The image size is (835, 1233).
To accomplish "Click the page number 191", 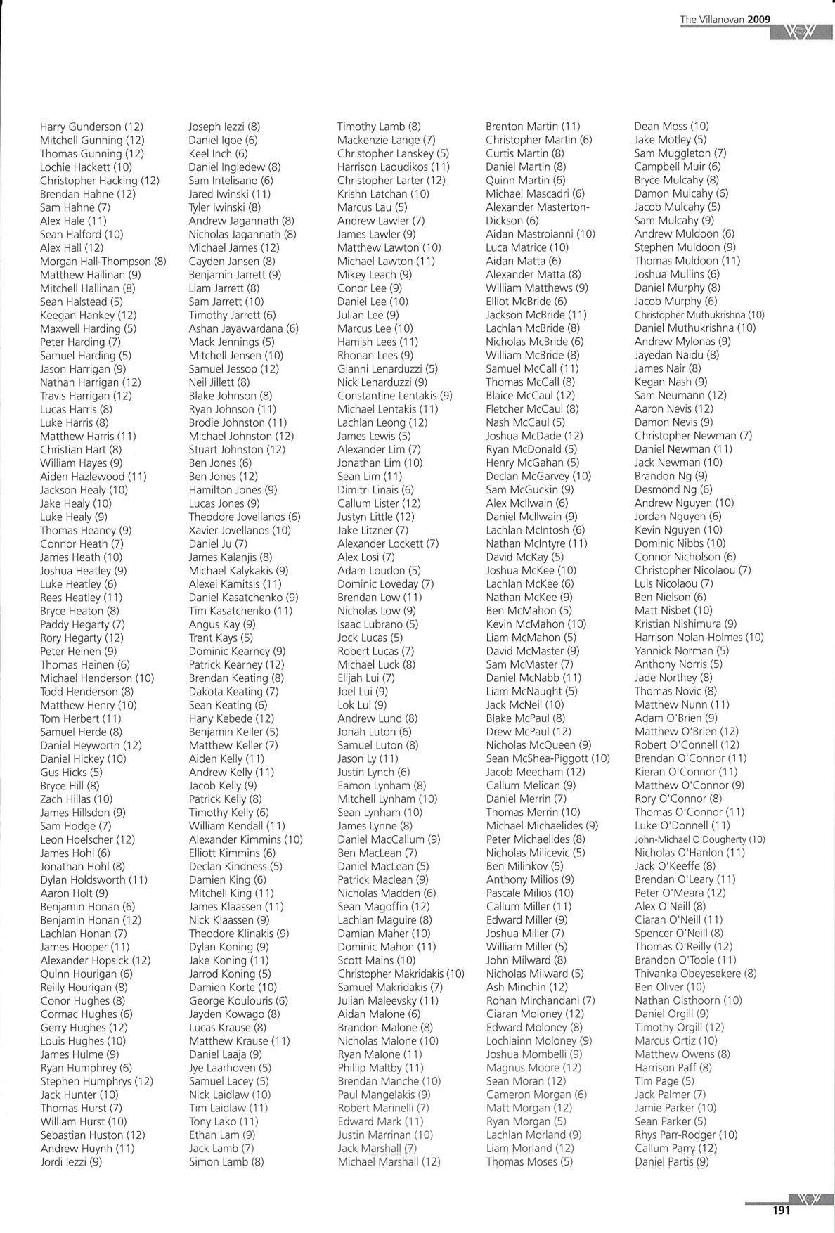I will pyautogui.click(x=781, y=1210).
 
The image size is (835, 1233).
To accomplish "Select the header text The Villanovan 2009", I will pyautogui.click(x=730, y=20).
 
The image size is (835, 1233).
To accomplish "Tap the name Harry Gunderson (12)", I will pyautogui.click(x=91, y=127).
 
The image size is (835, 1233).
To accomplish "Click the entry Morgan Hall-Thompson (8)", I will pyautogui.click(x=103, y=262).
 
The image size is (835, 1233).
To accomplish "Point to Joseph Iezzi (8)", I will pyautogui.click(x=224, y=127).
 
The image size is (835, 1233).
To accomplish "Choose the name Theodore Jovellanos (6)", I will pyautogui.click(x=245, y=517).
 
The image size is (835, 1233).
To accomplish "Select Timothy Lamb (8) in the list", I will pyautogui.click(x=379, y=127).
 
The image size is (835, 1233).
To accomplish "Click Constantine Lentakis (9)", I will pyautogui.click(x=394, y=396).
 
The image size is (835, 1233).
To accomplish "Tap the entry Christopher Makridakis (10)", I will pyautogui.click(x=401, y=974).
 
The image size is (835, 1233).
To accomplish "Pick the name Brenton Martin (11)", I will pyautogui.click(x=533, y=127).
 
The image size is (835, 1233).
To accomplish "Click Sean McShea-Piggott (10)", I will pyautogui.click(x=548, y=758).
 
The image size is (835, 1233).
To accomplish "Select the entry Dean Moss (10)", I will pyautogui.click(x=671, y=127).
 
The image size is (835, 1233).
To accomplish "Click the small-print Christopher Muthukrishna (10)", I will pyautogui.click(x=699, y=315).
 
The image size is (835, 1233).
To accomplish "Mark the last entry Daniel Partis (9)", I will pyautogui.click(x=671, y=1162).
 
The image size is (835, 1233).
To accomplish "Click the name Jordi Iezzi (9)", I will pyautogui.click(x=71, y=1162).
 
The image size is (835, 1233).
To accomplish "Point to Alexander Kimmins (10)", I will pyautogui.click(x=245, y=839).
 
